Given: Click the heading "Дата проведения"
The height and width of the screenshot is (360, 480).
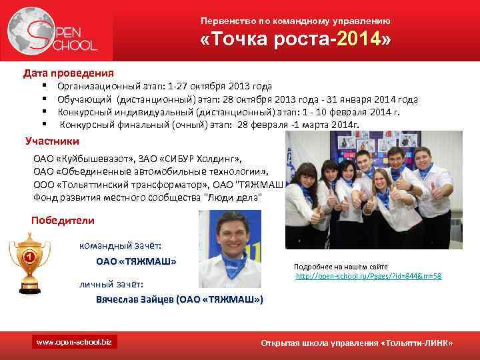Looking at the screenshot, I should pos(69,73).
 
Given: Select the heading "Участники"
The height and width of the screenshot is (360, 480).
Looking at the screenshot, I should pos(52,141).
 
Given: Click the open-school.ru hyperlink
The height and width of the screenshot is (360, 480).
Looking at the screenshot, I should pos(368,275).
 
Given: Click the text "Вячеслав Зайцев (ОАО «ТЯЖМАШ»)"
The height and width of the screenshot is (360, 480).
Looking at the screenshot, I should pos(179,300).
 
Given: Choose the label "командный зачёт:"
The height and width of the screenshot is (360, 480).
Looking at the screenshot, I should pos(121,245).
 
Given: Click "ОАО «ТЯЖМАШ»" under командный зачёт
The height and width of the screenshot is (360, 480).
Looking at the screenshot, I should pos(136,261).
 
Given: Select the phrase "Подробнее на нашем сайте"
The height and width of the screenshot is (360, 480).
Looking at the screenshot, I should pos(341,266).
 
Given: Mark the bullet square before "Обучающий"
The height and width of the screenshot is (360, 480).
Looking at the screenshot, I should pos(43,99).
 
